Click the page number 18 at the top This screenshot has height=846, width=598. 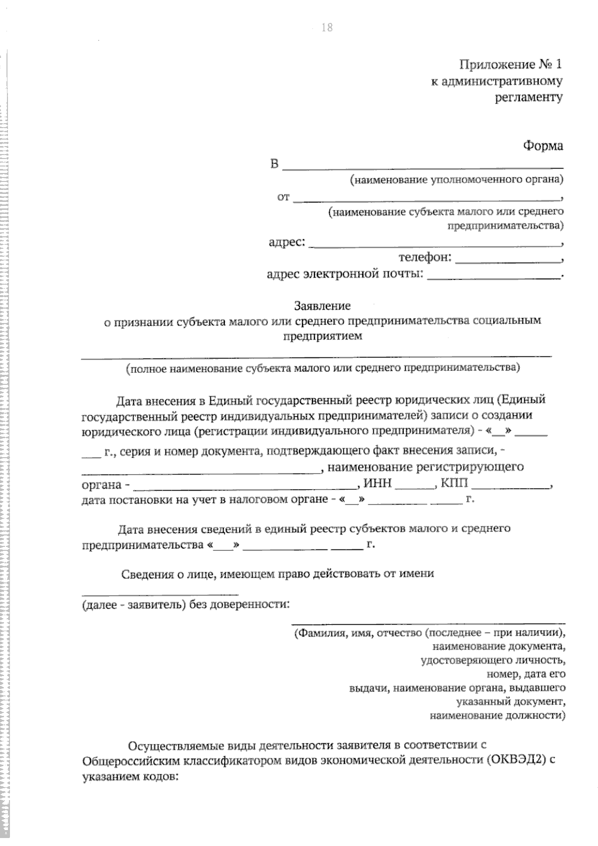327,28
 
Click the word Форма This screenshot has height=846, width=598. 543,146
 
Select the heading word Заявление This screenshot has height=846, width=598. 322,306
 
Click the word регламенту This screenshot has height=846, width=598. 529,97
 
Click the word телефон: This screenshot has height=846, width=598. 425,258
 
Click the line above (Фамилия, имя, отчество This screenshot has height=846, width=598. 428,623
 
